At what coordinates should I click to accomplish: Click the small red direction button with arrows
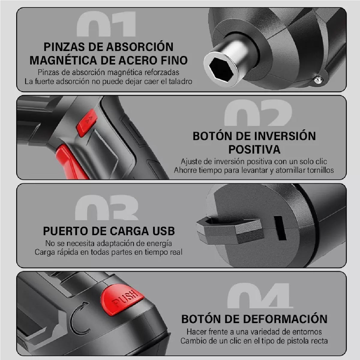click(87, 122)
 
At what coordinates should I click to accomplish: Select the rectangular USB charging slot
click(280, 228)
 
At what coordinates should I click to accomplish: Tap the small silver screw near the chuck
click(318, 79)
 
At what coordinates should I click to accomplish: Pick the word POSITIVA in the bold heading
click(254, 149)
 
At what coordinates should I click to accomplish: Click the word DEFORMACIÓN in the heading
click(285, 319)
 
